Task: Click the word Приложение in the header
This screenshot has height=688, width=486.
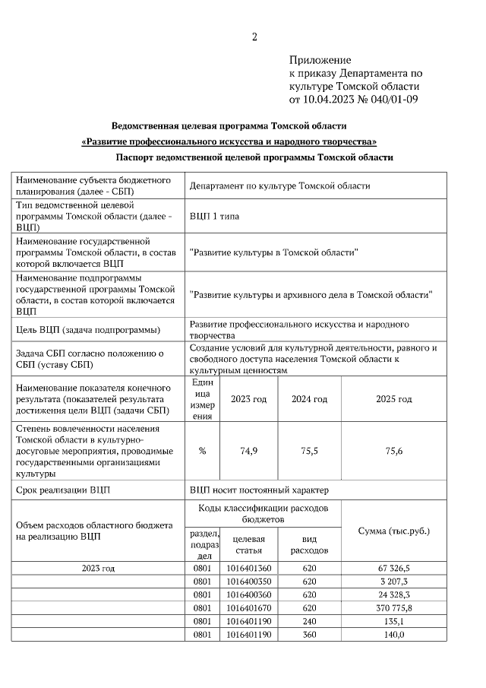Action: pos(320,60)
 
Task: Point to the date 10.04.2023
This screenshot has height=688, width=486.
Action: pos(330,99)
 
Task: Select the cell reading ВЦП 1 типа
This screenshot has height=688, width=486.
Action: pos(214,217)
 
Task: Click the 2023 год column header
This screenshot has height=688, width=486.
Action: pos(249,399)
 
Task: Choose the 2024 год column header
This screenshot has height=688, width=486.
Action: pos(310,399)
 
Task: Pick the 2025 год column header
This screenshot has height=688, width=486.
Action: pos(394,399)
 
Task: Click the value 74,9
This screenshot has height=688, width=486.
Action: pos(249,451)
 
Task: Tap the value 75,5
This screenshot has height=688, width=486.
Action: pos(310,451)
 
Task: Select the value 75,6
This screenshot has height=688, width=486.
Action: pos(394,451)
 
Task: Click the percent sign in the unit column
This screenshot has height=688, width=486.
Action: pos(202,451)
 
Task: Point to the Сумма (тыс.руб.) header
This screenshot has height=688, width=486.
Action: pos(394,530)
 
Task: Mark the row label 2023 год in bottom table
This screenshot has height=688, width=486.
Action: pos(98,568)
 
